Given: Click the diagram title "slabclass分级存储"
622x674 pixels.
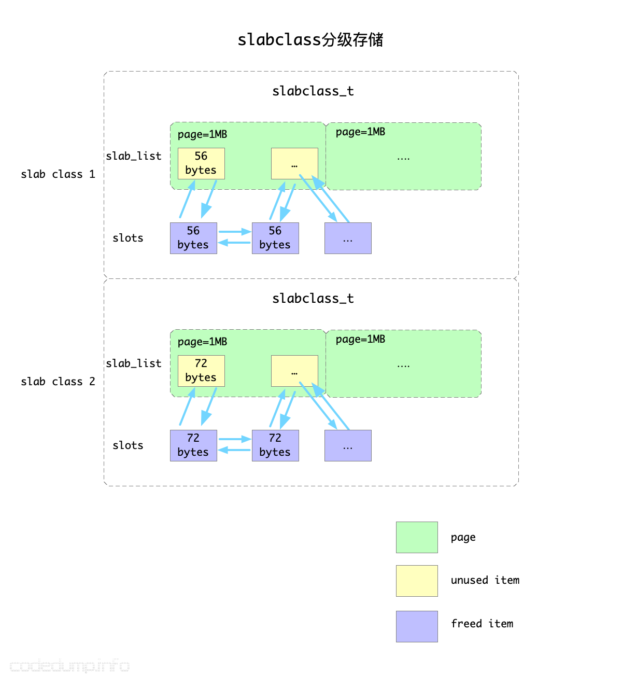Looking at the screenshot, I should (x=310, y=40).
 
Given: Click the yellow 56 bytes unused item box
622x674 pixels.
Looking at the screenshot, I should (x=201, y=163).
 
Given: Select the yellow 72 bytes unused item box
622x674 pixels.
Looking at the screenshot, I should (x=201, y=371).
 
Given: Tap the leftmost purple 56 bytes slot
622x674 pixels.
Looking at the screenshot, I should (x=193, y=238).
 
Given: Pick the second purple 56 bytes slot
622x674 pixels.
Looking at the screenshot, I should (x=275, y=238).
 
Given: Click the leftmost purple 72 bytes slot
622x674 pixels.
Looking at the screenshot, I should (x=193, y=445).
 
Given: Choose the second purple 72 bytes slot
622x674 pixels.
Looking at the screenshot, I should (x=275, y=445).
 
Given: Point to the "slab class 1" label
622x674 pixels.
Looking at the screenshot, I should (x=58, y=174).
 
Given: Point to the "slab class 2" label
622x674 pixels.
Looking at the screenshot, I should (x=58, y=382).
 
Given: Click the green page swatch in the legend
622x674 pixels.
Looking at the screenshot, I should (x=417, y=537).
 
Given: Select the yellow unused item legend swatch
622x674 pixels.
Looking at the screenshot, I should (x=417, y=581).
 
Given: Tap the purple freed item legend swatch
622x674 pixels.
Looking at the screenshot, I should (x=417, y=626).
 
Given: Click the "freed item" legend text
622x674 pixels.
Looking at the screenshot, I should (x=482, y=624).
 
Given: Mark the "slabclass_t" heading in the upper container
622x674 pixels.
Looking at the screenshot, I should (x=313, y=91).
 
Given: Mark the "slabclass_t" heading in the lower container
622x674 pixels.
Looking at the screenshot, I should (x=313, y=299).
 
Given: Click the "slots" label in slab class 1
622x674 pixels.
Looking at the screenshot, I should (x=128, y=238).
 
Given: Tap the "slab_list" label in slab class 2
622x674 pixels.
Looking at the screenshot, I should (x=134, y=363).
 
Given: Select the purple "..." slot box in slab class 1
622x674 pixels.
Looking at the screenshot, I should (x=348, y=238).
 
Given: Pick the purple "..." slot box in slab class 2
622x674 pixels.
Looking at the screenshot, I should (x=348, y=445).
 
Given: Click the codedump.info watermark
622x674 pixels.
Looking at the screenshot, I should (x=70, y=665).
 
